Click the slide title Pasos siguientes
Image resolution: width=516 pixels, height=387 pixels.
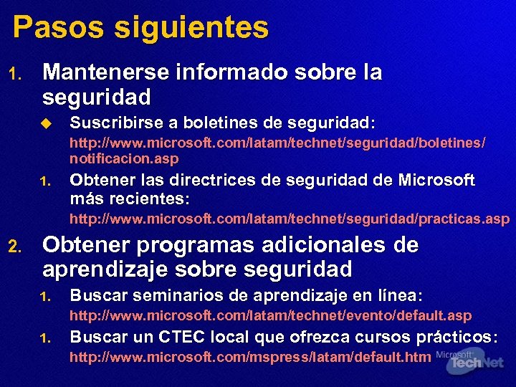[140, 29]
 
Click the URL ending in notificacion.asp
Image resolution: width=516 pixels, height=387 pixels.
[277, 150]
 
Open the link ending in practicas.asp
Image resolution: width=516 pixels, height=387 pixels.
[290, 219]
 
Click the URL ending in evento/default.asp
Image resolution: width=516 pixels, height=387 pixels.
[270, 315]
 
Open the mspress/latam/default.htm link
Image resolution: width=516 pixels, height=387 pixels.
[250, 358]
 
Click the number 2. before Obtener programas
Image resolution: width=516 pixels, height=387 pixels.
[14, 247]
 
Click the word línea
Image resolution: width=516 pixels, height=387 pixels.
[396, 295]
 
